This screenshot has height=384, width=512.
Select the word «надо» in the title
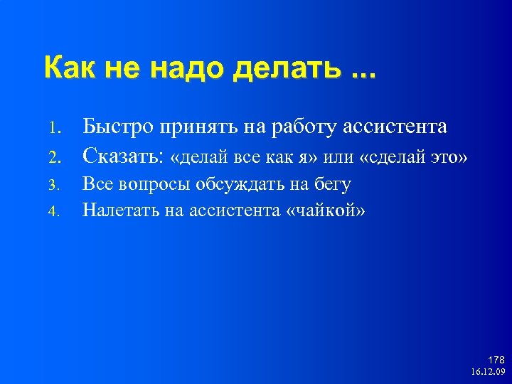pyautogui.click(x=184, y=68)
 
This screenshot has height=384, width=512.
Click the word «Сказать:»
pyautogui.click(x=125, y=156)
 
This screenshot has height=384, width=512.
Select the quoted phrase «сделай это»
pyautogui.click(x=414, y=157)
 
